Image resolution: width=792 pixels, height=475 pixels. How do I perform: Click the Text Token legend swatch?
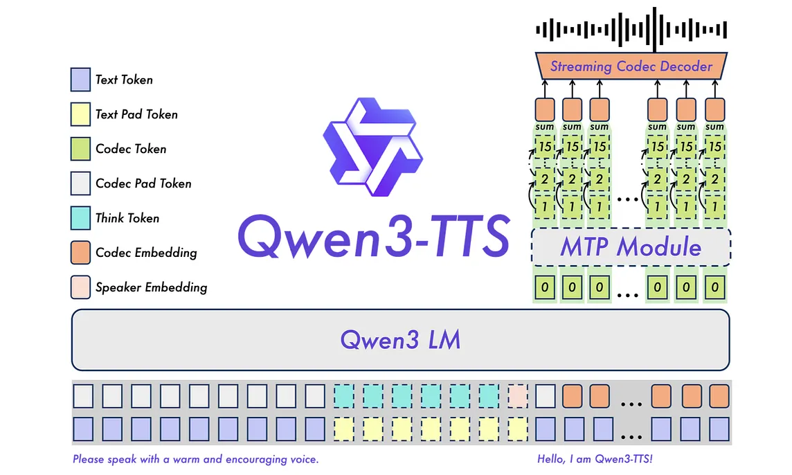pyautogui.click(x=80, y=80)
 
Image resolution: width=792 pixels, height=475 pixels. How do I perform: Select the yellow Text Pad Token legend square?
pyautogui.click(x=80, y=114)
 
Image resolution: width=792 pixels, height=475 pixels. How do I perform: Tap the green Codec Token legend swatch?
pyautogui.click(x=80, y=149)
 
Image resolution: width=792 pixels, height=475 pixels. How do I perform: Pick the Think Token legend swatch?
pyautogui.click(x=80, y=218)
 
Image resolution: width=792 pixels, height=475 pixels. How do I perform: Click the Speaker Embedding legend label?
pyautogui.click(x=152, y=287)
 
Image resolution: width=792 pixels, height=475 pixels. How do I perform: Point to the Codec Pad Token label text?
pyautogui.click(x=143, y=183)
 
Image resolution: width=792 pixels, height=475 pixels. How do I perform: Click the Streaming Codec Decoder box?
pyautogui.click(x=631, y=66)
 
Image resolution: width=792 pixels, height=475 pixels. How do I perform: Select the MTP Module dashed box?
pyautogui.click(x=631, y=247)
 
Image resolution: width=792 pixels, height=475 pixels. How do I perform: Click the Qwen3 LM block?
pyautogui.click(x=401, y=339)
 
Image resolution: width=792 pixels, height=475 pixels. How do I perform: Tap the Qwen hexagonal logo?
pyautogui.click(x=372, y=147)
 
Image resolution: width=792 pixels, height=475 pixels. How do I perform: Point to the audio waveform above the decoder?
pyautogui.click(x=631, y=29)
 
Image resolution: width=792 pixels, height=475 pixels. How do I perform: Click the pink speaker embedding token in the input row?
pyautogui.click(x=518, y=396)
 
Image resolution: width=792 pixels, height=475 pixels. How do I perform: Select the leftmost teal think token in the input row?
pyautogui.click(x=344, y=396)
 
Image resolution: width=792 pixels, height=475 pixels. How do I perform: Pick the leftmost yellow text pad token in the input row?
pyautogui.click(x=344, y=429)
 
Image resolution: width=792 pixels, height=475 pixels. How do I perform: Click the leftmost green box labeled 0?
pyautogui.click(x=544, y=287)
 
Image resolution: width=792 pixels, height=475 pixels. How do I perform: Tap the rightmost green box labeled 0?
pyautogui.click(x=714, y=287)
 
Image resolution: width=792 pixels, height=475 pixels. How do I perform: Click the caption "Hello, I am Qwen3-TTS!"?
pyautogui.click(x=595, y=459)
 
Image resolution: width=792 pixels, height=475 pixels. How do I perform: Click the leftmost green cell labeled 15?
pyautogui.click(x=545, y=147)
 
